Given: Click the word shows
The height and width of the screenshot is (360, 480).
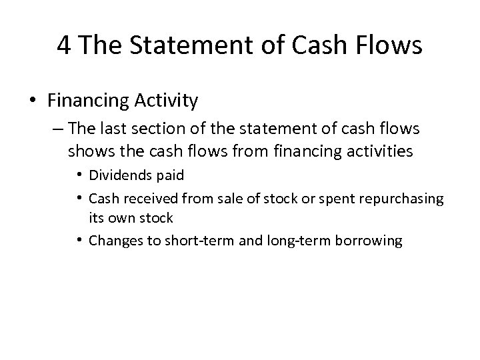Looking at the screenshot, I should [x=89, y=151].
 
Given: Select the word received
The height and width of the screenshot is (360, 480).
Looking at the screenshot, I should [x=141, y=198].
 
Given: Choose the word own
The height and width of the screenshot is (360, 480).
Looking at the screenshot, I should [x=117, y=218].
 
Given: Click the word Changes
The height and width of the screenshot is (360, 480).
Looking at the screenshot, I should [x=111, y=241].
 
